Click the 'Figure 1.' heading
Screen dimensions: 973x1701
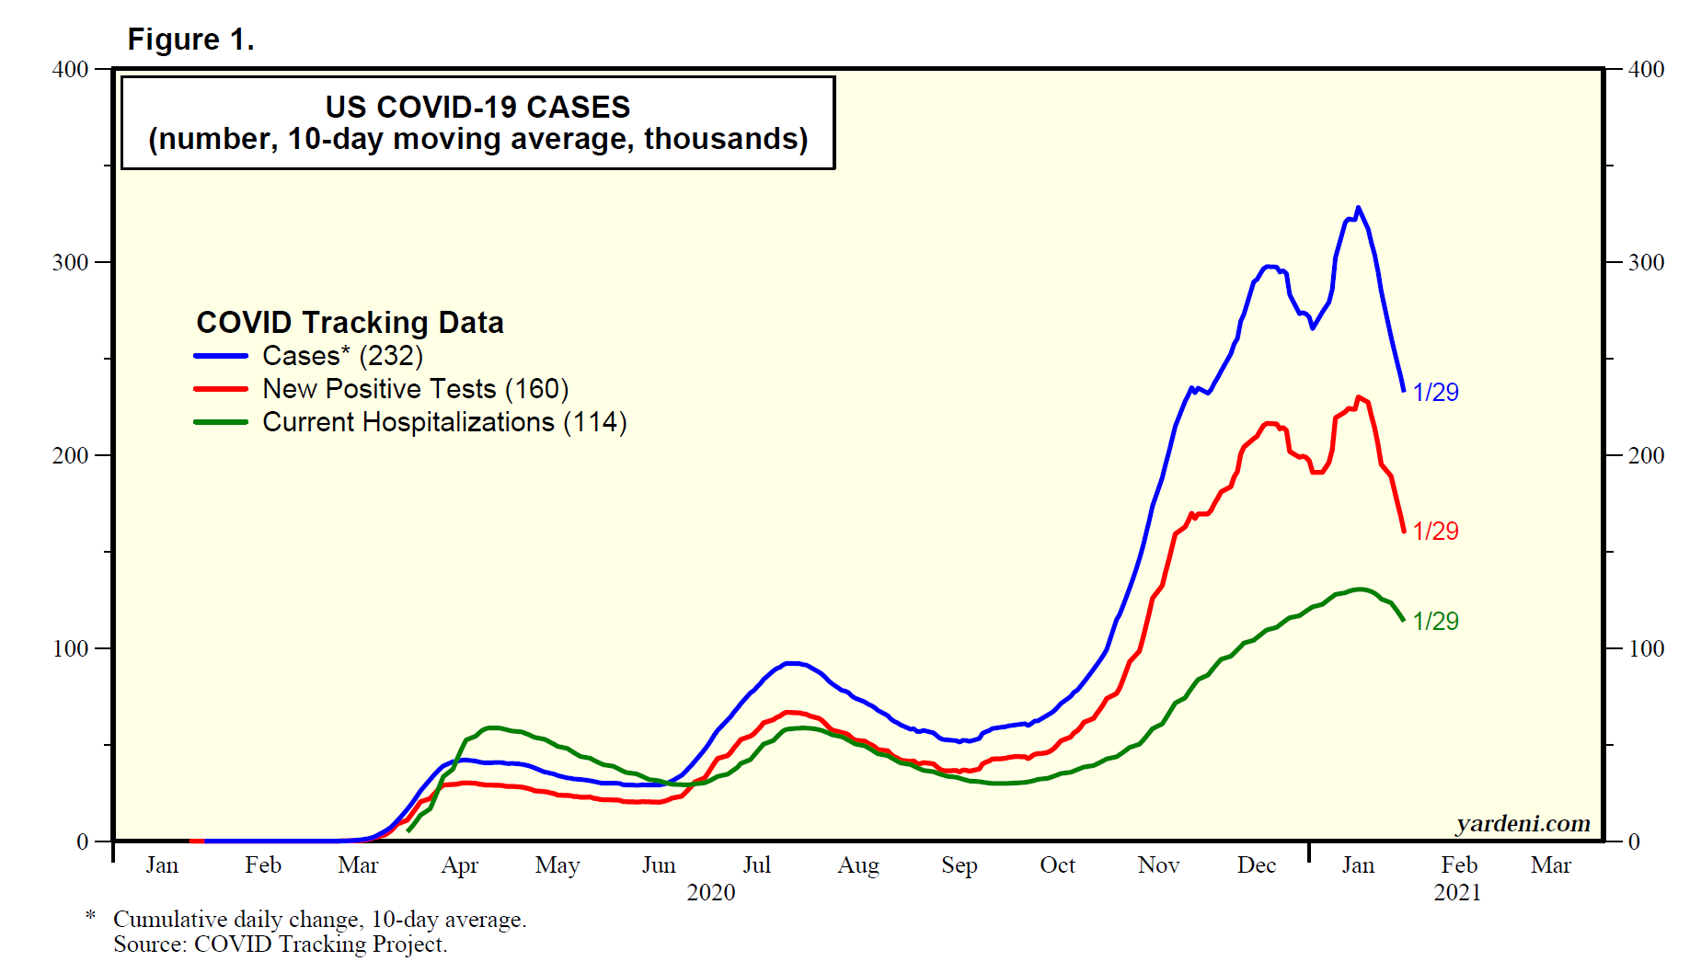point(190,40)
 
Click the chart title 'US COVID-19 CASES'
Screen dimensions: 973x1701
point(477,107)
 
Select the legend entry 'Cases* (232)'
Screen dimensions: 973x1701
point(342,356)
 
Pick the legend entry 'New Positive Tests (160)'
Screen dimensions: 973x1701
point(415,389)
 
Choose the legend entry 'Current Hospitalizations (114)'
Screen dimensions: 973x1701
point(444,422)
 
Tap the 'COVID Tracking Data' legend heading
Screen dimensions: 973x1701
point(350,323)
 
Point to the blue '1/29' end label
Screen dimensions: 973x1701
point(1435,393)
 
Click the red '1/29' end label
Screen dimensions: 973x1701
point(1435,532)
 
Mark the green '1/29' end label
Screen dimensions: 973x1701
point(1435,622)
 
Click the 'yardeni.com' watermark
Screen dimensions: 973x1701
point(1523,823)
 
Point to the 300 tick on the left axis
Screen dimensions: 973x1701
point(70,263)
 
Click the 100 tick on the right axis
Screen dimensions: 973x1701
point(1646,649)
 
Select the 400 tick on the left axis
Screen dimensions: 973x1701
point(70,70)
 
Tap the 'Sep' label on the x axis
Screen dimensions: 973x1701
point(959,865)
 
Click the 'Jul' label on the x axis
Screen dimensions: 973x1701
point(756,865)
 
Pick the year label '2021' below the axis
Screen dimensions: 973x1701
point(1457,893)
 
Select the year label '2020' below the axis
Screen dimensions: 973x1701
point(711,893)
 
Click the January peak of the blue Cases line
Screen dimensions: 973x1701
point(1358,208)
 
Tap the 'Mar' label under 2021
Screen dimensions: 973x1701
point(1551,865)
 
